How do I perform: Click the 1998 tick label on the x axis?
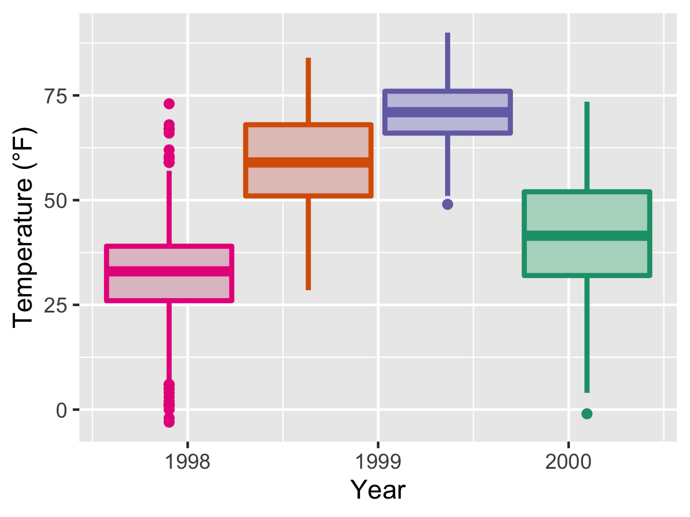[187, 461]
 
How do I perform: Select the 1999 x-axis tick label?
[378, 461]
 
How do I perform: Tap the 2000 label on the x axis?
[568, 461]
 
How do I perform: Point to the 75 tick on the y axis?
[55, 95]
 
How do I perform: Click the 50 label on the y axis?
[55, 200]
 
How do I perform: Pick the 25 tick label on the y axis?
[55, 305]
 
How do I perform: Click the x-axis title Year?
[378, 490]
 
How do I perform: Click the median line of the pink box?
[169, 271]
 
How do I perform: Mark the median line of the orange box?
[309, 163]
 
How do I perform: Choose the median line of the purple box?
[447, 112]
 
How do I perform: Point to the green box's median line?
[586, 236]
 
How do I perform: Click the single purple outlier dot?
[447, 204]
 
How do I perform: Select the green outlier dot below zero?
[586, 414]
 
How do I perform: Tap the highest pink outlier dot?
[169, 104]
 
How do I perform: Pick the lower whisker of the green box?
[586, 333]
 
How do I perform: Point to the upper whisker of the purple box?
[447, 61]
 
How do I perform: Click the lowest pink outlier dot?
[169, 422]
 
